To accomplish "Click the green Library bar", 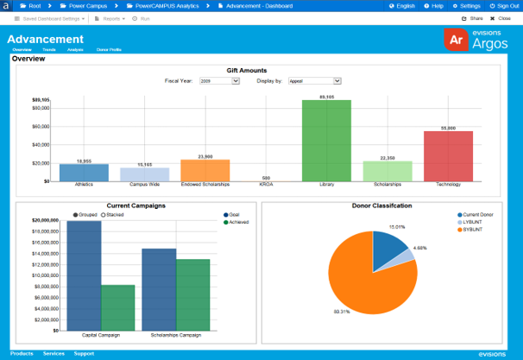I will pos(326,141).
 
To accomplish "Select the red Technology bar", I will pos(448,156).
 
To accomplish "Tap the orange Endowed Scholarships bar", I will pos(205,170).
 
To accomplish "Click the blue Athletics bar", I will pos(84,173).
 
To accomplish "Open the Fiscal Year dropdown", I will pos(219,81).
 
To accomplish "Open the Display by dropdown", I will pos(314,81).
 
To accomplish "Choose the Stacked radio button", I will pos(115,214).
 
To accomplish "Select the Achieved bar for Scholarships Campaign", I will pos(193,294).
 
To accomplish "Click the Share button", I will pos(471,18).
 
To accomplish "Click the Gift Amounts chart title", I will pos(247,70).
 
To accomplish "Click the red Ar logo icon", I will pos(457,41).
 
